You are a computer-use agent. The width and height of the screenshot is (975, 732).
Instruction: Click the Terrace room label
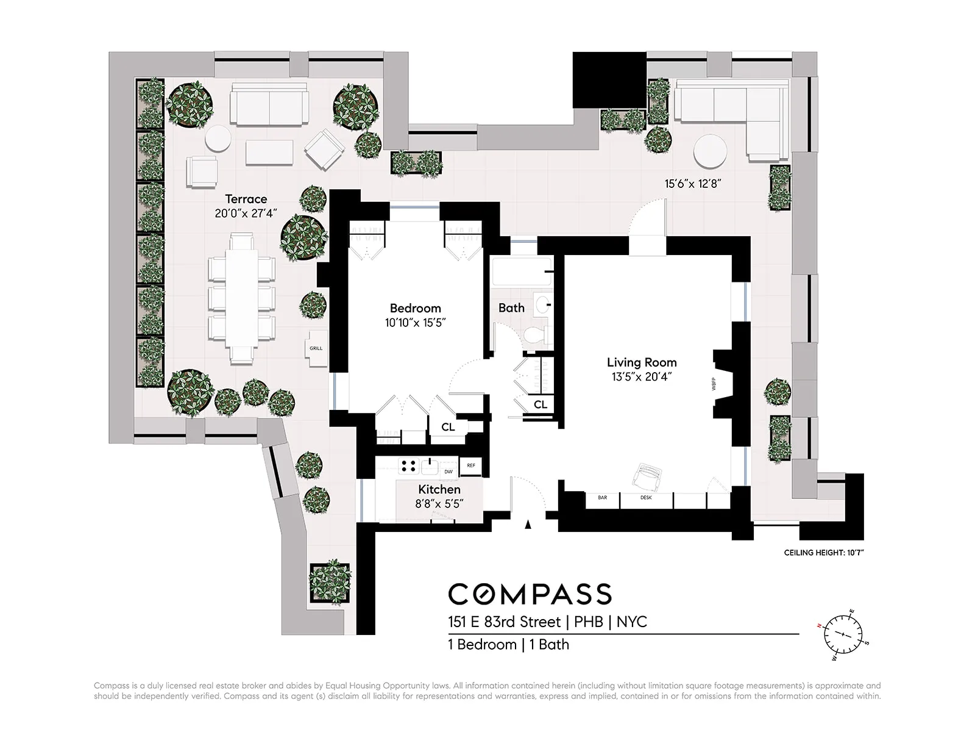246,199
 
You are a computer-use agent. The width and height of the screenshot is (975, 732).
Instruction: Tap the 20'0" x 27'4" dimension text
246,213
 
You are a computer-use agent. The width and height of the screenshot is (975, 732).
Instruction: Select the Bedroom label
415,308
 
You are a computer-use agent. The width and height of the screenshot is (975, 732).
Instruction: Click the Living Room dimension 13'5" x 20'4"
641,377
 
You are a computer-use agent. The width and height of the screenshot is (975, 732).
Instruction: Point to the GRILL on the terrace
316,348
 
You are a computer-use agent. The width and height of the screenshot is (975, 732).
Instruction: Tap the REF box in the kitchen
470,465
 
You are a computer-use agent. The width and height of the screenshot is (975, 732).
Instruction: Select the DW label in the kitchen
448,472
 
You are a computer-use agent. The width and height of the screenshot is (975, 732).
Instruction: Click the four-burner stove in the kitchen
408,467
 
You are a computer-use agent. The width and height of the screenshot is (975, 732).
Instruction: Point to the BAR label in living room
602,498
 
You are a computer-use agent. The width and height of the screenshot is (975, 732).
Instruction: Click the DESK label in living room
646,498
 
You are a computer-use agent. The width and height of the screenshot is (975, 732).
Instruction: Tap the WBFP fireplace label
713,384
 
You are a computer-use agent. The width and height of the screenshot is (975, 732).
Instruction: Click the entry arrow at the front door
528,523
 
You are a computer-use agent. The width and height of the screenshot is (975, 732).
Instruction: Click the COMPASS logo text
530,594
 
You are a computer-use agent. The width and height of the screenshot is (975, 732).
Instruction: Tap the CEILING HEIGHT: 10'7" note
824,553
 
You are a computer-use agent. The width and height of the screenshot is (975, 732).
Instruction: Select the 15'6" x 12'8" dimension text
692,184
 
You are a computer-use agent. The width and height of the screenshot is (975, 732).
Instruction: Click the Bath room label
511,308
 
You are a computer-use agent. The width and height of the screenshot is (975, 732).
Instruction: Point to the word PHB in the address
589,622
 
